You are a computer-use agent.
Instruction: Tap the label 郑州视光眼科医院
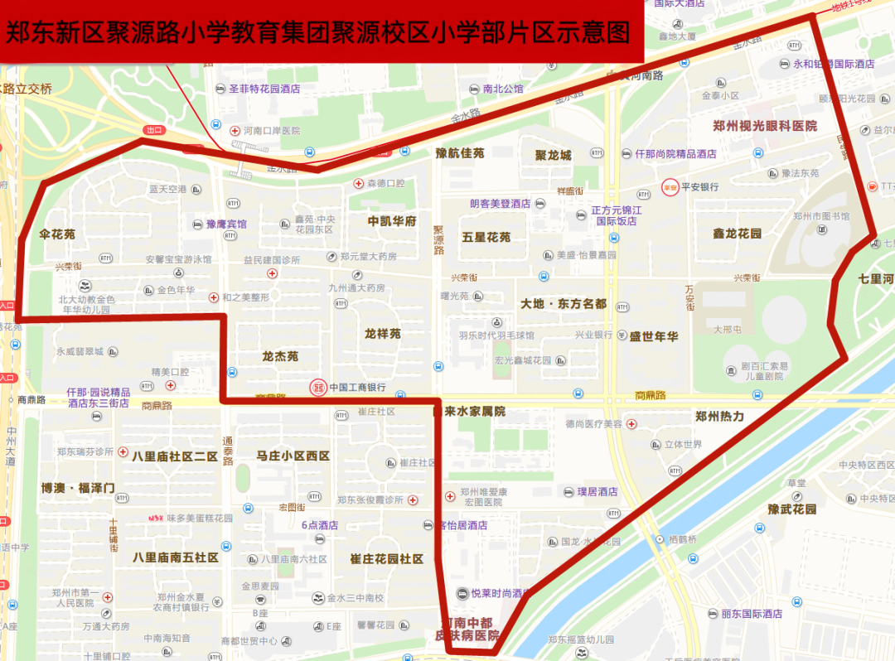coord(765,126)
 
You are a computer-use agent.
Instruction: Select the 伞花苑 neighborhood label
coord(57,234)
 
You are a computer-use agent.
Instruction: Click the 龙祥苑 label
coord(383,334)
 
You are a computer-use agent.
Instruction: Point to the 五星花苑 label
coord(486,237)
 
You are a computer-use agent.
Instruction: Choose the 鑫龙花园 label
coord(737,234)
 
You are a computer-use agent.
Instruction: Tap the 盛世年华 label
coord(654,336)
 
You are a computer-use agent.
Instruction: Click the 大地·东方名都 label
coord(564,304)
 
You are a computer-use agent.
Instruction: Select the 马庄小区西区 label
coord(293,456)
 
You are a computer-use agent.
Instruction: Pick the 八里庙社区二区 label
coord(174,456)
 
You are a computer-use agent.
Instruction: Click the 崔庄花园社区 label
coord(387,559)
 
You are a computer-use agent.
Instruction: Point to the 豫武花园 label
coord(792,509)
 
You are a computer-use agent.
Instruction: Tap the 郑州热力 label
coord(719,417)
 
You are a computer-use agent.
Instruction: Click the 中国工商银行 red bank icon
coord(317,387)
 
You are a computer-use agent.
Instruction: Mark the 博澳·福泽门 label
coord(78,488)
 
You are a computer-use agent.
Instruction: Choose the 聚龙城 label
coord(553,155)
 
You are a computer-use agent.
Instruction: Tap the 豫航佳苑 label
coord(460,153)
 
